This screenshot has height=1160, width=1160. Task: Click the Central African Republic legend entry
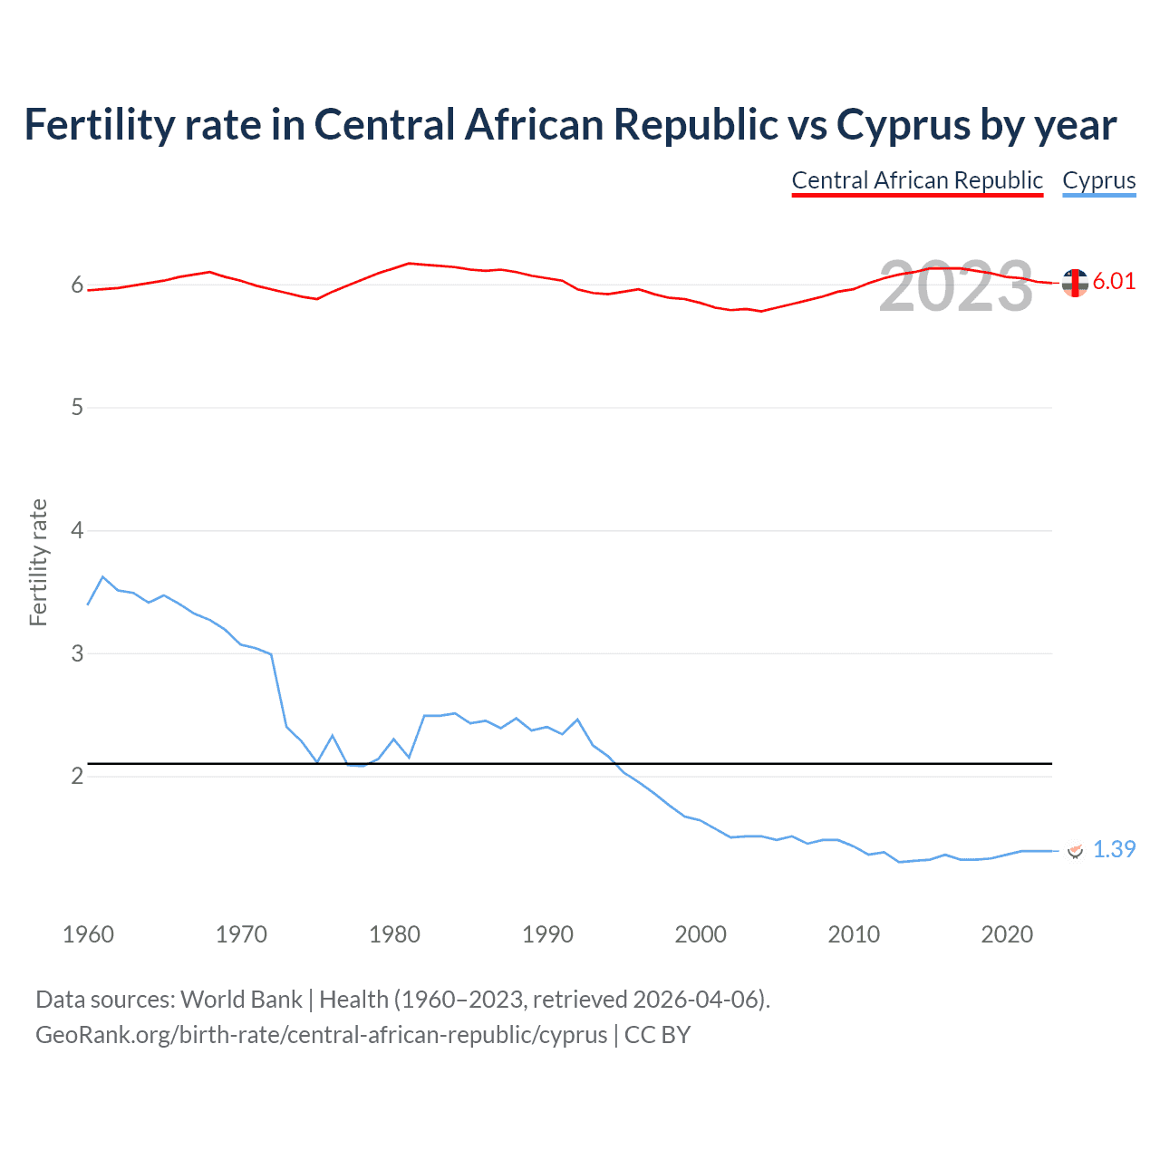917,180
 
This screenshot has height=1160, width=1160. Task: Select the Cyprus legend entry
1098,180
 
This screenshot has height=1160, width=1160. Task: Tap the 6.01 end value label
1114,281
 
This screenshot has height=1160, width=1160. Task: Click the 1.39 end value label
1114,849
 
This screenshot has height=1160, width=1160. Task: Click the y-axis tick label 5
77,408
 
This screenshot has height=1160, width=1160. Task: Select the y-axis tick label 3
77,653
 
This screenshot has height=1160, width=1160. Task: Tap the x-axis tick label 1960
88,934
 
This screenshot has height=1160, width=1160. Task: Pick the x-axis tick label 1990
547,934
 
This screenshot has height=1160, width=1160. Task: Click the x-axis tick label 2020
1007,934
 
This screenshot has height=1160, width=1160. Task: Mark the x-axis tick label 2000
701,934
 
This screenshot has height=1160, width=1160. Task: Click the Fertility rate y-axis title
38,562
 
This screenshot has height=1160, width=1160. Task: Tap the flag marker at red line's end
1075,283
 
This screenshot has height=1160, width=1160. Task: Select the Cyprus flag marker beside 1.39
1076,850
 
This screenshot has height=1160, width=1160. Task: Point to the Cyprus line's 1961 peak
102,576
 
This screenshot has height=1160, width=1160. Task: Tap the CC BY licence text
657,1035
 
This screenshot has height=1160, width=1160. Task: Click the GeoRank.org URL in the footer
321,1035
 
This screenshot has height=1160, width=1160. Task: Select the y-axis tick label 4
77,530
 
